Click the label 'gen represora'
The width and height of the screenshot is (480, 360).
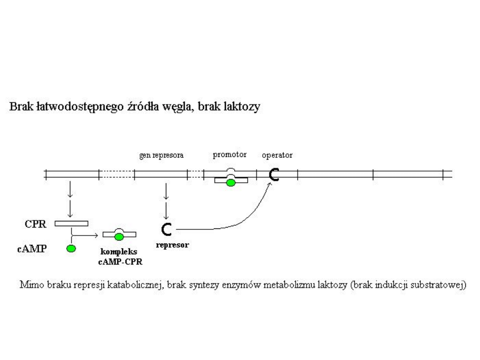[x=162, y=156]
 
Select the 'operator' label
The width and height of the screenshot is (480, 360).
[x=277, y=156]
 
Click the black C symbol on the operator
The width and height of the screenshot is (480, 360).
[x=274, y=176]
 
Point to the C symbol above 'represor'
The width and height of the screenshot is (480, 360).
[x=166, y=229]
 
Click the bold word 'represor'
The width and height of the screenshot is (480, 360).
[x=173, y=244]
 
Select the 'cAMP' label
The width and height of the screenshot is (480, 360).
[x=40, y=248]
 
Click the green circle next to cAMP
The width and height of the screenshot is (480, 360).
[x=71, y=248]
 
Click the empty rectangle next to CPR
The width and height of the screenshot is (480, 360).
[x=71, y=223]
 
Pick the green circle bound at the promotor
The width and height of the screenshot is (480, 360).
[x=230, y=181]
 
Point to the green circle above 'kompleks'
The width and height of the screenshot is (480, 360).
[x=119, y=236]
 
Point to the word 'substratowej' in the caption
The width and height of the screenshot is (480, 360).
[x=442, y=285]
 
